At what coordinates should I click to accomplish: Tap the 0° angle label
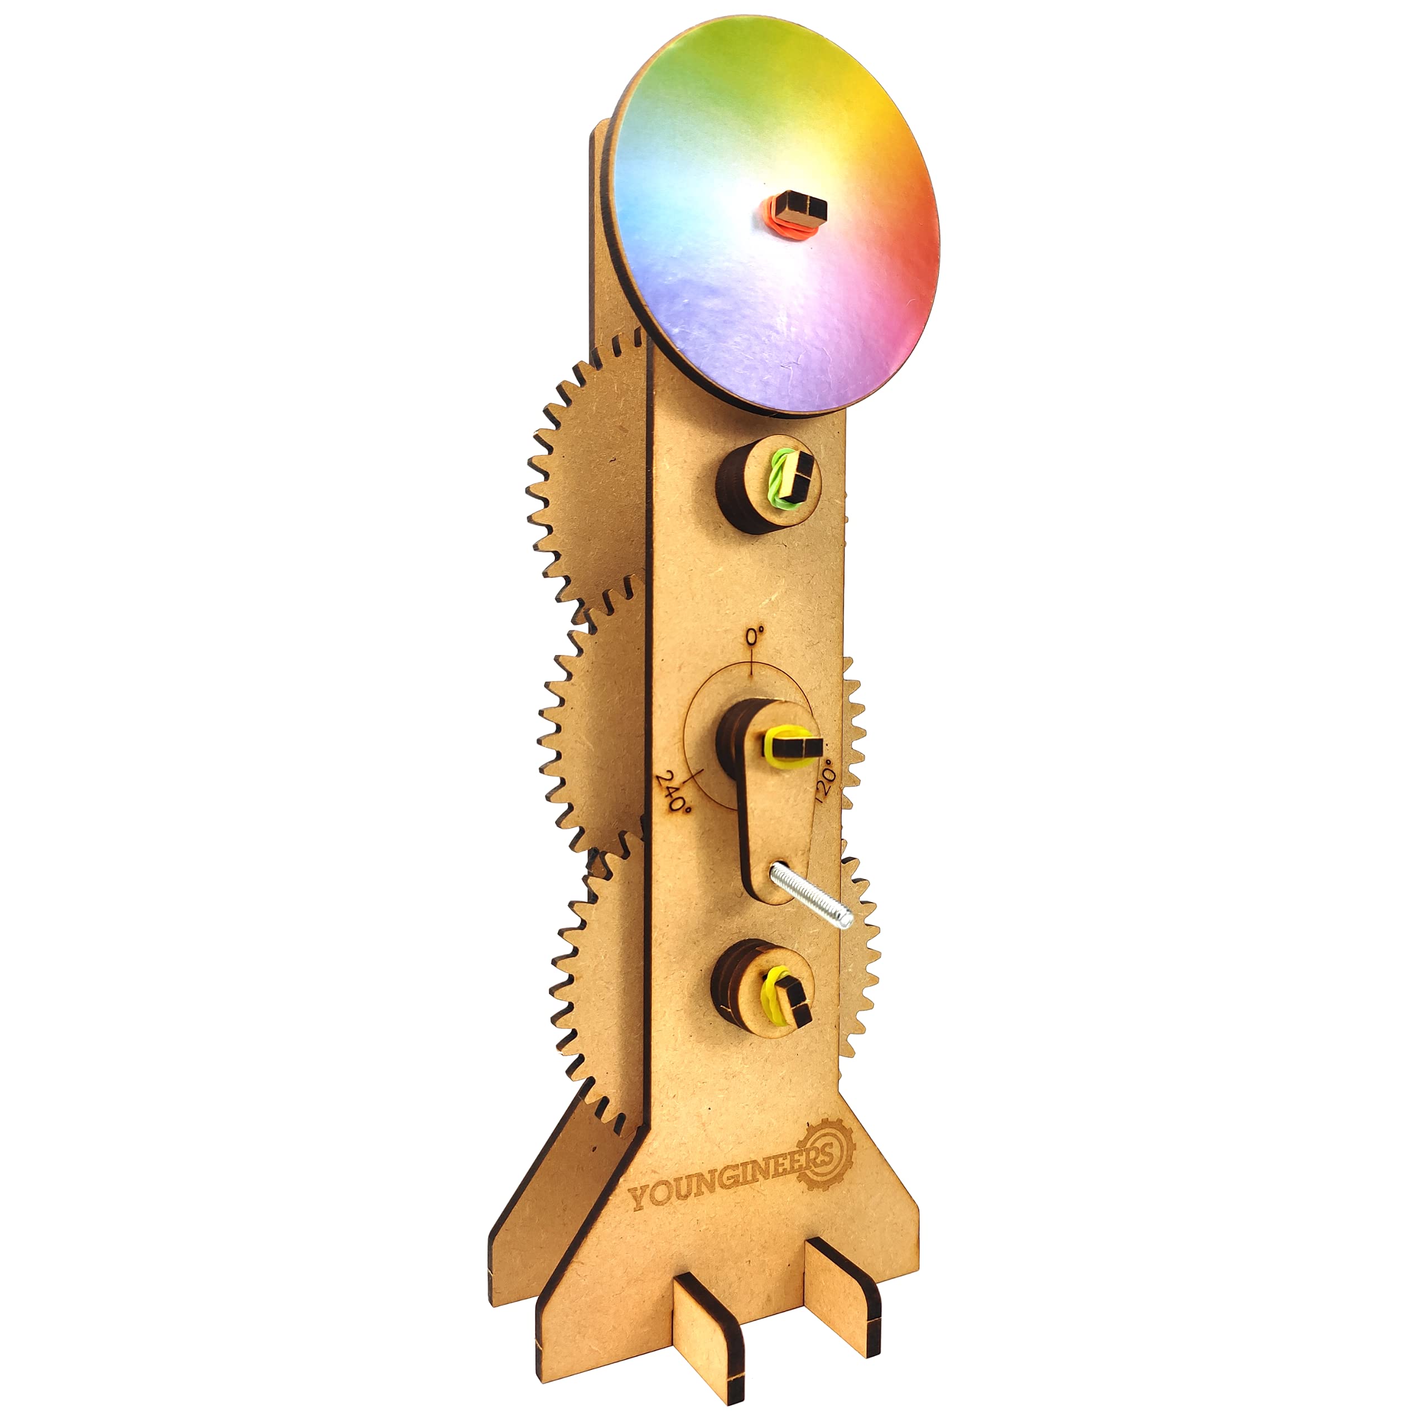(x=754, y=636)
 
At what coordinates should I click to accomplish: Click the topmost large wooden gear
(x=584, y=473)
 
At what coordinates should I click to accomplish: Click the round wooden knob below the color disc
(x=765, y=484)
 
